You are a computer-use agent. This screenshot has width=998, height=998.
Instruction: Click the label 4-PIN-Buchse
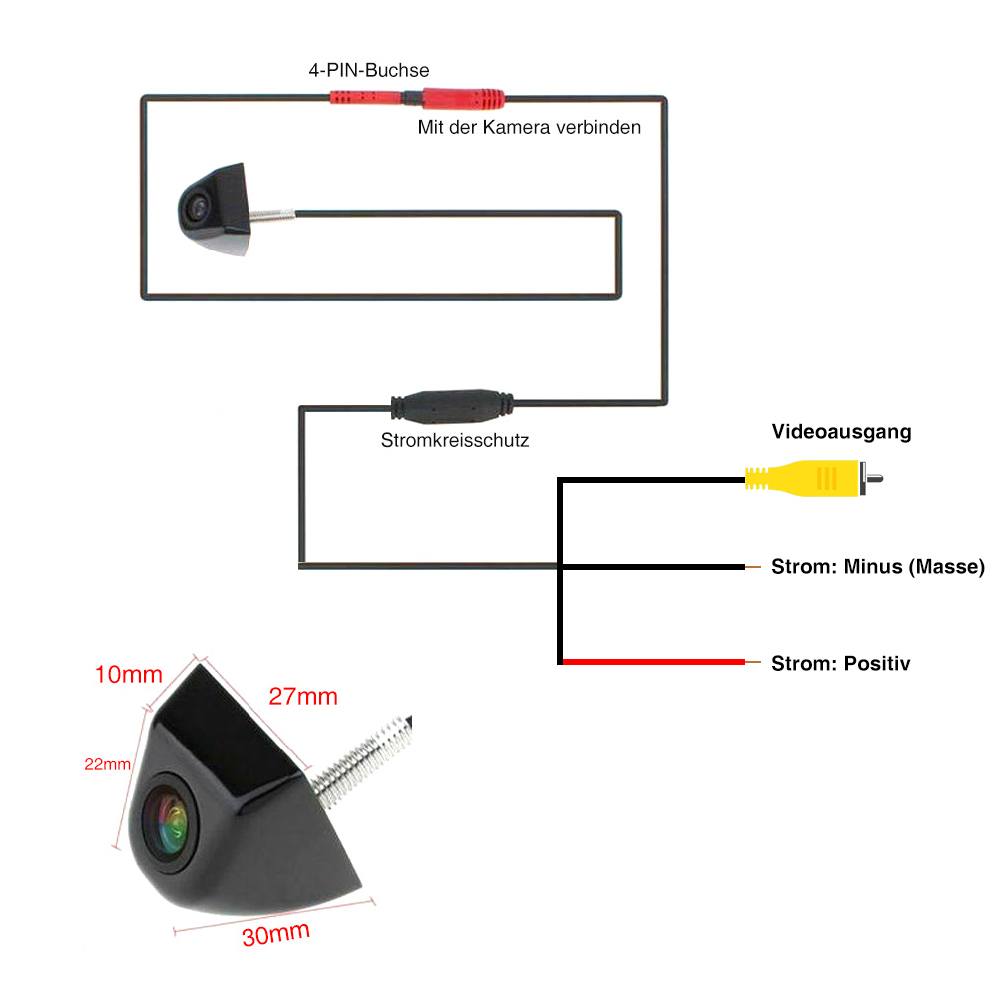pyautogui.click(x=369, y=71)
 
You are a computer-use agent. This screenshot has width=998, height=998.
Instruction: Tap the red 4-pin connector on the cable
pyautogui.click(x=418, y=98)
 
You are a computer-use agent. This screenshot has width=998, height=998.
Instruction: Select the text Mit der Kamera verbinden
pyautogui.click(x=529, y=128)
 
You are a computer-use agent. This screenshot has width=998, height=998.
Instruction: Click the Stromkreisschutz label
pyautogui.click(x=454, y=439)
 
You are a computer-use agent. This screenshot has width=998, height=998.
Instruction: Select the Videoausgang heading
pyautogui.click(x=842, y=432)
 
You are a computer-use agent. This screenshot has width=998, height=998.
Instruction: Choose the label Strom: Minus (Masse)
pyautogui.click(x=877, y=567)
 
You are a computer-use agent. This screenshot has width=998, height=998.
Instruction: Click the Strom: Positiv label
pyautogui.click(x=840, y=663)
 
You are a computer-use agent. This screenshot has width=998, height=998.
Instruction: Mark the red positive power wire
pyautogui.click(x=654, y=662)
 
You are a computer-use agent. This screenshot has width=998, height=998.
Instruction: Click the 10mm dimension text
pyautogui.click(x=128, y=674)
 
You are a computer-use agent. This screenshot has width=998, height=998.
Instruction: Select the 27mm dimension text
pyautogui.click(x=303, y=696)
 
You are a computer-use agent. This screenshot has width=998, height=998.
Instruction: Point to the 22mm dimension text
pyautogui.click(x=107, y=764)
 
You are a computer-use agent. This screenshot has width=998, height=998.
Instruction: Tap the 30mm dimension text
pyautogui.click(x=275, y=934)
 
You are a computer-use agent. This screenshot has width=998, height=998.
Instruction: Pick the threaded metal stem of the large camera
pyautogui.click(x=365, y=757)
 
